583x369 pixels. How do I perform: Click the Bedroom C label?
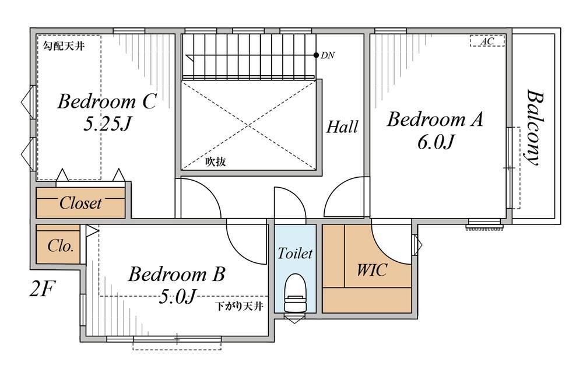[107, 101]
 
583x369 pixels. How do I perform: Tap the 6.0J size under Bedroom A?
[436, 142]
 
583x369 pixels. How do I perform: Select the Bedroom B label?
[177, 274]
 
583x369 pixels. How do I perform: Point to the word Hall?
[342, 127]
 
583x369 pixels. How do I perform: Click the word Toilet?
[295, 254]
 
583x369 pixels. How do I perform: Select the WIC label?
[372, 269]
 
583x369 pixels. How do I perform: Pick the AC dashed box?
[487, 40]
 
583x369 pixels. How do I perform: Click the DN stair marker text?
[328, 55]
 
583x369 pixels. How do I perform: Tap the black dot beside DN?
[315, 55]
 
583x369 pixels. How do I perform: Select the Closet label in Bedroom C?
[80, 203]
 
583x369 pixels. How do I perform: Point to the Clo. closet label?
[60, 245]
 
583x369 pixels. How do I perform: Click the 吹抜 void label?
[216, 161]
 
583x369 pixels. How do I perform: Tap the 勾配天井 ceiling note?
[64, 46]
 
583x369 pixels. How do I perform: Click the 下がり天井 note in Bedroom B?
[240, 307]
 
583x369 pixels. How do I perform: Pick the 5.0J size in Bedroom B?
[177, 296]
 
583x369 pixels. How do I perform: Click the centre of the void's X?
[248, 125]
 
